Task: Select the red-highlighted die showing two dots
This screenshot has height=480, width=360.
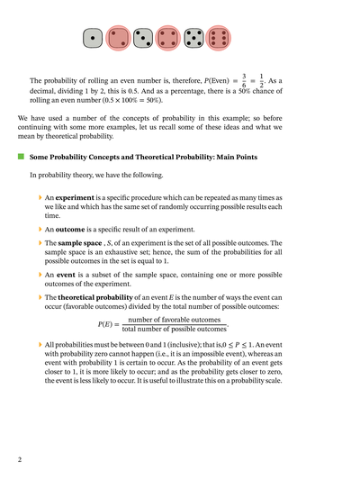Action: [117, 38]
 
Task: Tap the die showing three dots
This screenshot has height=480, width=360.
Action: [142, 38]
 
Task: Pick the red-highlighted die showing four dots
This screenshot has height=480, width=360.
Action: [167, 38]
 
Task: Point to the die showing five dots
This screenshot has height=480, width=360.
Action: [193, 38]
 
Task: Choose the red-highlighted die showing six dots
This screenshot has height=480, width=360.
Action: [218, 38]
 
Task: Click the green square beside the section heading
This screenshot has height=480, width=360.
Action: [19, 156]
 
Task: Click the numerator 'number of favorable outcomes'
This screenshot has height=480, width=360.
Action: [175, 320]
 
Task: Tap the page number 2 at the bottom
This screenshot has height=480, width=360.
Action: [20, 460]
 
